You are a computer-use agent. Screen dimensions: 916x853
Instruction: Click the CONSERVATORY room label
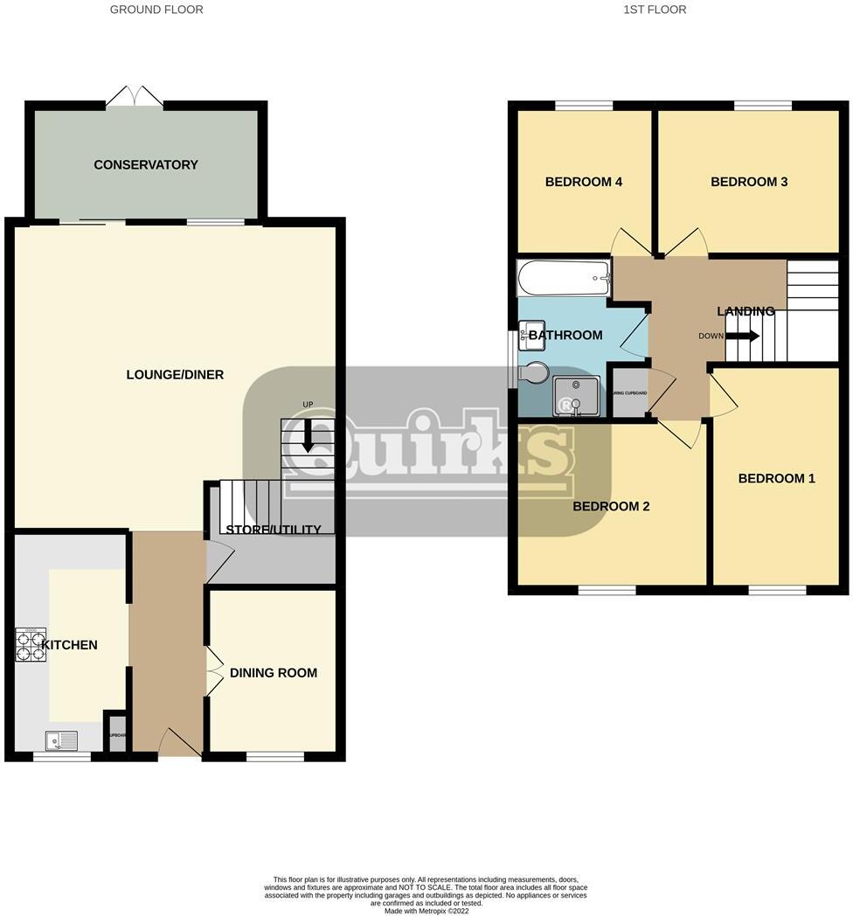(146, 165)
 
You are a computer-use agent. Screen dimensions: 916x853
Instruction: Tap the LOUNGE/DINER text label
(175, 375)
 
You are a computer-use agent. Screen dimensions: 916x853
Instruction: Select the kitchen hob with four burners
(31, 645)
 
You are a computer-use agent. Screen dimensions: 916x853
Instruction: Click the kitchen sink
(62, 741)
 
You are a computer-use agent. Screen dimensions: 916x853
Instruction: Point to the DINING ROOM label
(274, 673)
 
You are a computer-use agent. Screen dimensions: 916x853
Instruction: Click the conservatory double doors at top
(135, 96)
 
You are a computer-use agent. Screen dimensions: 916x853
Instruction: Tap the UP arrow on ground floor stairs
(307, 434)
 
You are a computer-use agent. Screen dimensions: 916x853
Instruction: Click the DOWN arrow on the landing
(742, 336)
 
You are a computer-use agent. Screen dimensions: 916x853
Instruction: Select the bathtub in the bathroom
(564, 279)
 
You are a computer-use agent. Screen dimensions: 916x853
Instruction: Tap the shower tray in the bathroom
(574, 397)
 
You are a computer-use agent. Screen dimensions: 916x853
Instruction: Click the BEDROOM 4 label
(583, 183)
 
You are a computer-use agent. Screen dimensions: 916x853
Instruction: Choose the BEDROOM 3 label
(749, 182)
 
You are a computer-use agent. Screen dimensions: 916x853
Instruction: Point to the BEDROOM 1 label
(776, 478)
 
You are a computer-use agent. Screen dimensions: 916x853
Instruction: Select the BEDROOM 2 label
(611, 506)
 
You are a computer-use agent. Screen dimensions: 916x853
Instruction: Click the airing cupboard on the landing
(629, 392)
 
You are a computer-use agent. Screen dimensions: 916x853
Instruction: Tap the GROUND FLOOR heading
(156, 10)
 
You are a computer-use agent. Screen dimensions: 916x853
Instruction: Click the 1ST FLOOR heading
(655, 10)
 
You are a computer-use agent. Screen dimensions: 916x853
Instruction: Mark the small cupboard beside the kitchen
(116, 734)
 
